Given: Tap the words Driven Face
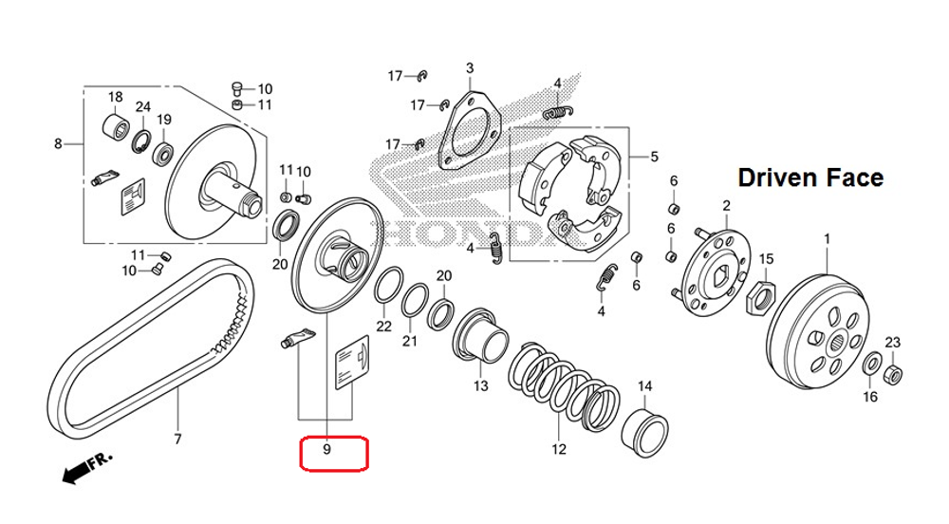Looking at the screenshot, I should (810, 178).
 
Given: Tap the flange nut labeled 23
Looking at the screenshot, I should (892, 373).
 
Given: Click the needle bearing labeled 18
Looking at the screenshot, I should (115, 126).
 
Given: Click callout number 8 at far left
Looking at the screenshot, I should (58, 144).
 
